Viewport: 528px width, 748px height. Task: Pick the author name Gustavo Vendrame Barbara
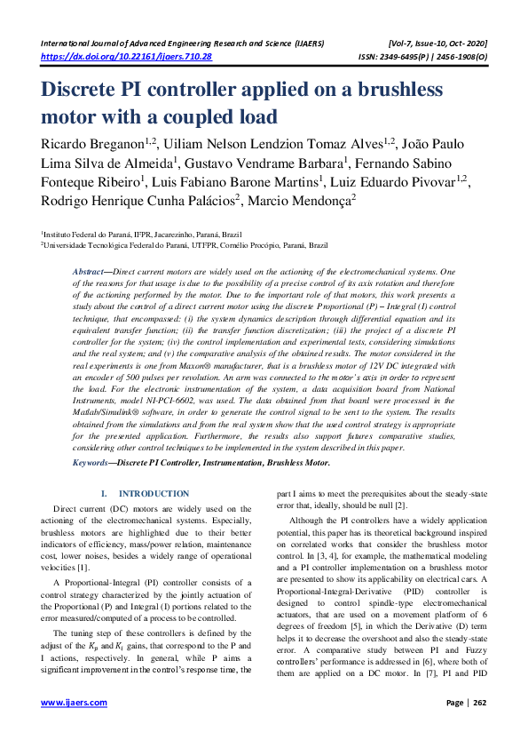point(264,163)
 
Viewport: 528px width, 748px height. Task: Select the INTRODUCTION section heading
point(154,493)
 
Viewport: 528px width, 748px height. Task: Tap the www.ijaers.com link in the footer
point(75,702)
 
